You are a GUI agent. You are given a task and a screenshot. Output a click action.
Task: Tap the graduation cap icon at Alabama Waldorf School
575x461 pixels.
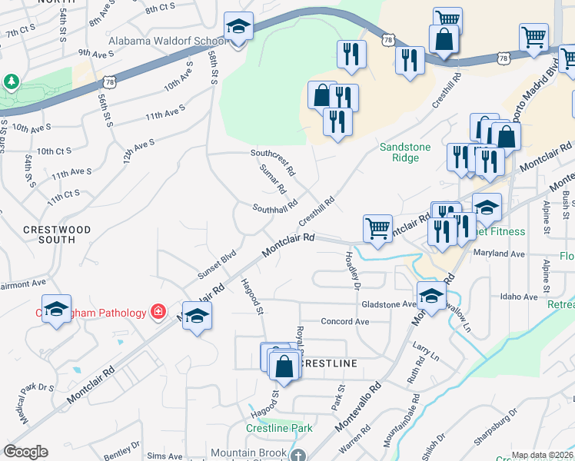pos(238,28)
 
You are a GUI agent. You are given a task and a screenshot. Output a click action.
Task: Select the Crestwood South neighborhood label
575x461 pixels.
pos(56,234)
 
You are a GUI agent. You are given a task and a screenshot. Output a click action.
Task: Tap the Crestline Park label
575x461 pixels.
pos(279,428)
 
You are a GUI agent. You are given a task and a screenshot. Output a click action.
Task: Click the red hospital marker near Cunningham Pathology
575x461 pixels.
pos(158,312)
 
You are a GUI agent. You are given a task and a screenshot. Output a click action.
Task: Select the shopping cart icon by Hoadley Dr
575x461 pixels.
pos(377,228)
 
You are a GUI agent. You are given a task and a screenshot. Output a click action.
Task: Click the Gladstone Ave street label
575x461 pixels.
pos(388,303)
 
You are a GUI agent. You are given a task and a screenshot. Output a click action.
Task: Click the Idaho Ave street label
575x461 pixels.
pos(519,297)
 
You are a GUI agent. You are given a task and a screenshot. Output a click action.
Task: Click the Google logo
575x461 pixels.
pos(26,452)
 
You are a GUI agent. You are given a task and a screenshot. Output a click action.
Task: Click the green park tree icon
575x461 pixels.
pos(11,81)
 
